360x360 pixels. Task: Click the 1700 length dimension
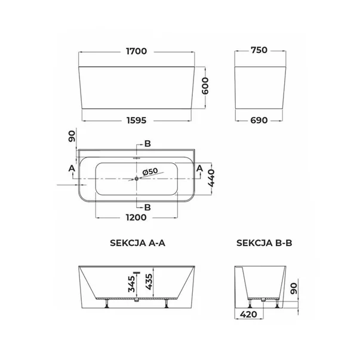(x=136, y=51)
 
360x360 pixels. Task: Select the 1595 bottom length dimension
(x=136, y=121)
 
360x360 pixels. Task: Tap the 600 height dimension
(x=205, y=86)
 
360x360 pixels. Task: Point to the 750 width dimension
(x=259, y=50)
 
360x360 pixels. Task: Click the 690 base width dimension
(x=259, y=121)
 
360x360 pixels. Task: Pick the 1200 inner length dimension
(x=136, y=217)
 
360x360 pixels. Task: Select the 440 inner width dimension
(x=211, y=178)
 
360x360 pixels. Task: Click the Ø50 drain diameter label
(x=150, y=171)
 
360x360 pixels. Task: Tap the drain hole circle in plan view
(x=137, y=179)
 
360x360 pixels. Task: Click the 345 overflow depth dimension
(x=131, y=284)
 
